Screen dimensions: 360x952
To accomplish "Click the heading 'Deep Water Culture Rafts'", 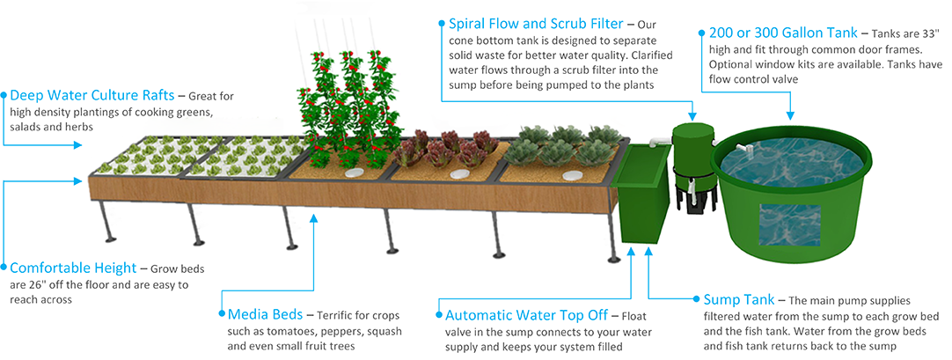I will (x=92, y=95).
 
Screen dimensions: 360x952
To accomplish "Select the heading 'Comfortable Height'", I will (x=73, y=268).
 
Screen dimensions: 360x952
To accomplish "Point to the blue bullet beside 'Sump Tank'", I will (x=697, y=299).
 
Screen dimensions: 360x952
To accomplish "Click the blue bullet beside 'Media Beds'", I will (x=220, y=314).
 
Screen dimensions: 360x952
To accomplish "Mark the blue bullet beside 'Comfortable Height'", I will (x=4, y=267).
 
